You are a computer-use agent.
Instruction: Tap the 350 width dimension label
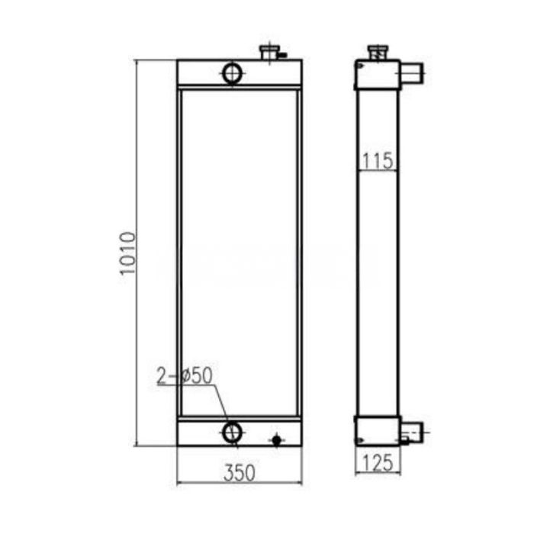[x=239, y=472]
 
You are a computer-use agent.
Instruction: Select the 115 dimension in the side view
[x=378, y=160]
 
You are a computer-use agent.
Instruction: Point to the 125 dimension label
[x=377, y=462]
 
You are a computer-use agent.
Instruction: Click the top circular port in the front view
[x=232, y=73]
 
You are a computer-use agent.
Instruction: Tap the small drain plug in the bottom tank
[x=276, y=439]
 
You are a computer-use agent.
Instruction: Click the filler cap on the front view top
[x=270, y=53]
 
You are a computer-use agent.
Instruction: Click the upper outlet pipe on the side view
[x=413, y=74]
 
